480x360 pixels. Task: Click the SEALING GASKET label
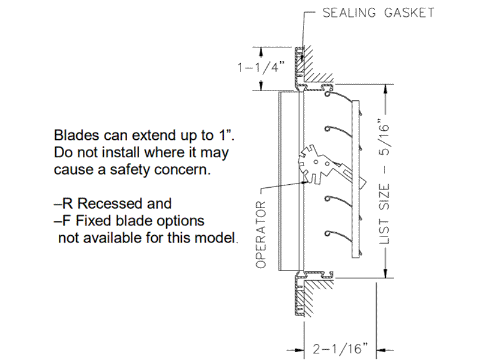tap(378, 13)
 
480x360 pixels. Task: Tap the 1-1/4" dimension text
tap(262, 67)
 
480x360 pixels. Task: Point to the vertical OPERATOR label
tap(260, 234)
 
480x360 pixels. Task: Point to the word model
tap(217, 238)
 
